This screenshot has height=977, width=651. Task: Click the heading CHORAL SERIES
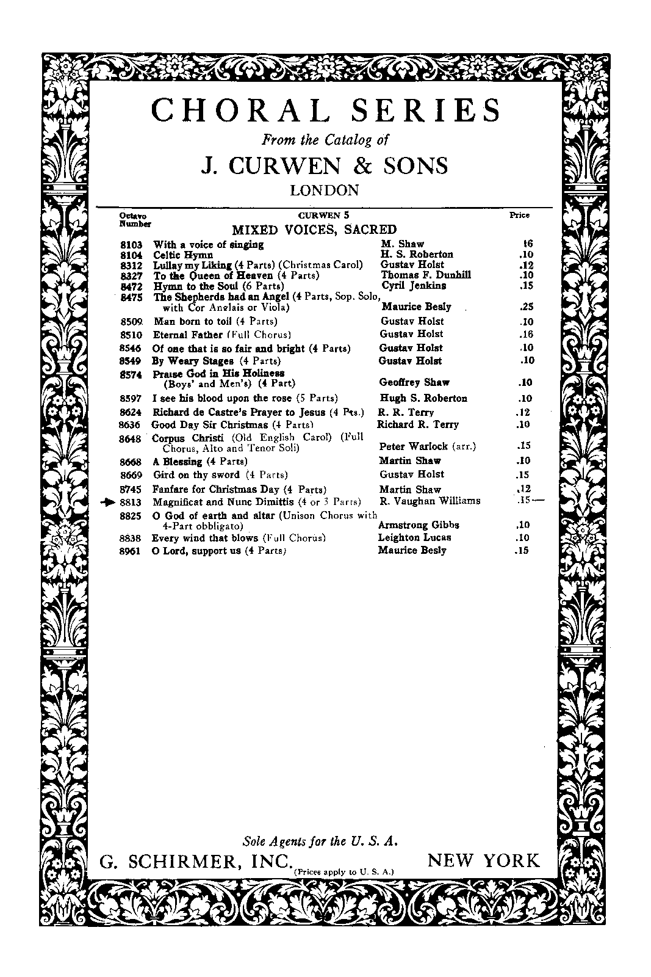tap(325, 111)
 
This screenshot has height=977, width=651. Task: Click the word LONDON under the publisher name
tap(325, 190)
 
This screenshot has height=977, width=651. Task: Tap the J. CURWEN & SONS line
tap(325, 165)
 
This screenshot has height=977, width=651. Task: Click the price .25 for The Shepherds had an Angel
tap(527, 307)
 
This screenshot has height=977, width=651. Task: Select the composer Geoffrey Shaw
tap(414, 383)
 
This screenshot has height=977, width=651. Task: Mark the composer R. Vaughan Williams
tap(430, 501)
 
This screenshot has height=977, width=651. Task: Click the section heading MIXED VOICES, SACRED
tap(314, 230)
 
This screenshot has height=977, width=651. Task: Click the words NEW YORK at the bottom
tap(484, 861)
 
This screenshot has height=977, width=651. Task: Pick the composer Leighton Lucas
tap(415, 537)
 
